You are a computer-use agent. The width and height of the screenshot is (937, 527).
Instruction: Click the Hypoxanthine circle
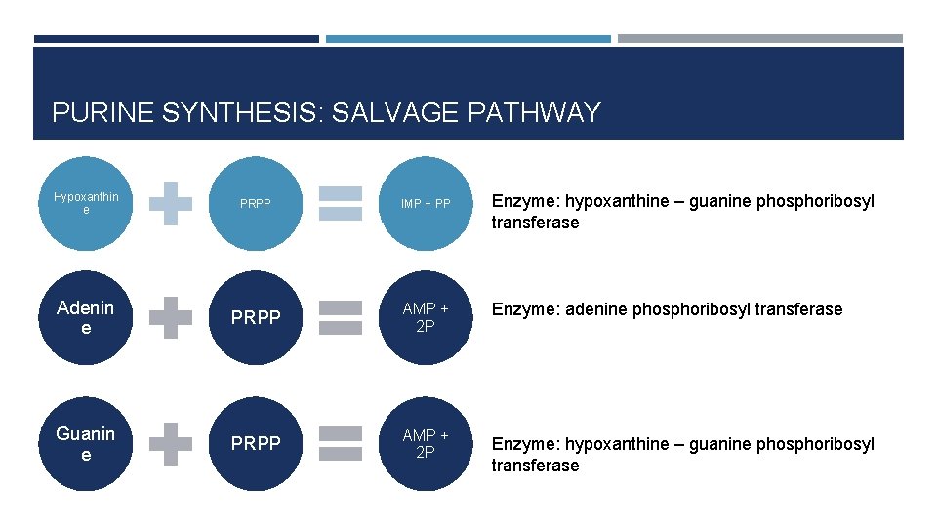tap(86, 203)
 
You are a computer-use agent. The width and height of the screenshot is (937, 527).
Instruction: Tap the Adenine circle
tap(86, 317)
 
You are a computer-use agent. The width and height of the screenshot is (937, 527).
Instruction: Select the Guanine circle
tap(86, 443)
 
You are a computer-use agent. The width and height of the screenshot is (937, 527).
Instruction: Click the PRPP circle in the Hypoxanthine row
tap(256, 204)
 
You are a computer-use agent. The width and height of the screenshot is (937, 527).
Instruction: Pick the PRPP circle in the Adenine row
tap(256, 317)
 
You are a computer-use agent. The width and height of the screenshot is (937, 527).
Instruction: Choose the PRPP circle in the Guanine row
tap(256, 443)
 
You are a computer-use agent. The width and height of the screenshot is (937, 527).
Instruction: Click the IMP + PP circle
tap(426, 204)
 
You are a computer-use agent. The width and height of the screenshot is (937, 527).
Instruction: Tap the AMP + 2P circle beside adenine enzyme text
tap(426, 317)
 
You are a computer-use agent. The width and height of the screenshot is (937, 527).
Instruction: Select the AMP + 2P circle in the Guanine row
tap(426, 443)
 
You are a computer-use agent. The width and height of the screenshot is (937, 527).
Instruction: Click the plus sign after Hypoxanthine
tap(171, 204)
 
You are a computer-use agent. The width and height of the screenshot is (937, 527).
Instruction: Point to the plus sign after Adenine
tap(171, 317)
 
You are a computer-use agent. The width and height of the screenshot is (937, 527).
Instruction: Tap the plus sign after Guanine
tap(171, 443)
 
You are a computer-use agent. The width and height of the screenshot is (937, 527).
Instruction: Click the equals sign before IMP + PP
tap(341, 204)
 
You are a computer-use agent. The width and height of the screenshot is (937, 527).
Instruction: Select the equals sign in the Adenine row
tap(341, 317)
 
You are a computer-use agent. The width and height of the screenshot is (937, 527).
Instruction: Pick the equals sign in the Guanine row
tap(341, 443)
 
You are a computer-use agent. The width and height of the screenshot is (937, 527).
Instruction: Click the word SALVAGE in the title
tap(390, 113)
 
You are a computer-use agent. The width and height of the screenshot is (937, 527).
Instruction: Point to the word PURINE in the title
tap(102, 113)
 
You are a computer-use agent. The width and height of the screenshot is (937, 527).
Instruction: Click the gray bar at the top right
tap(760, 39)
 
